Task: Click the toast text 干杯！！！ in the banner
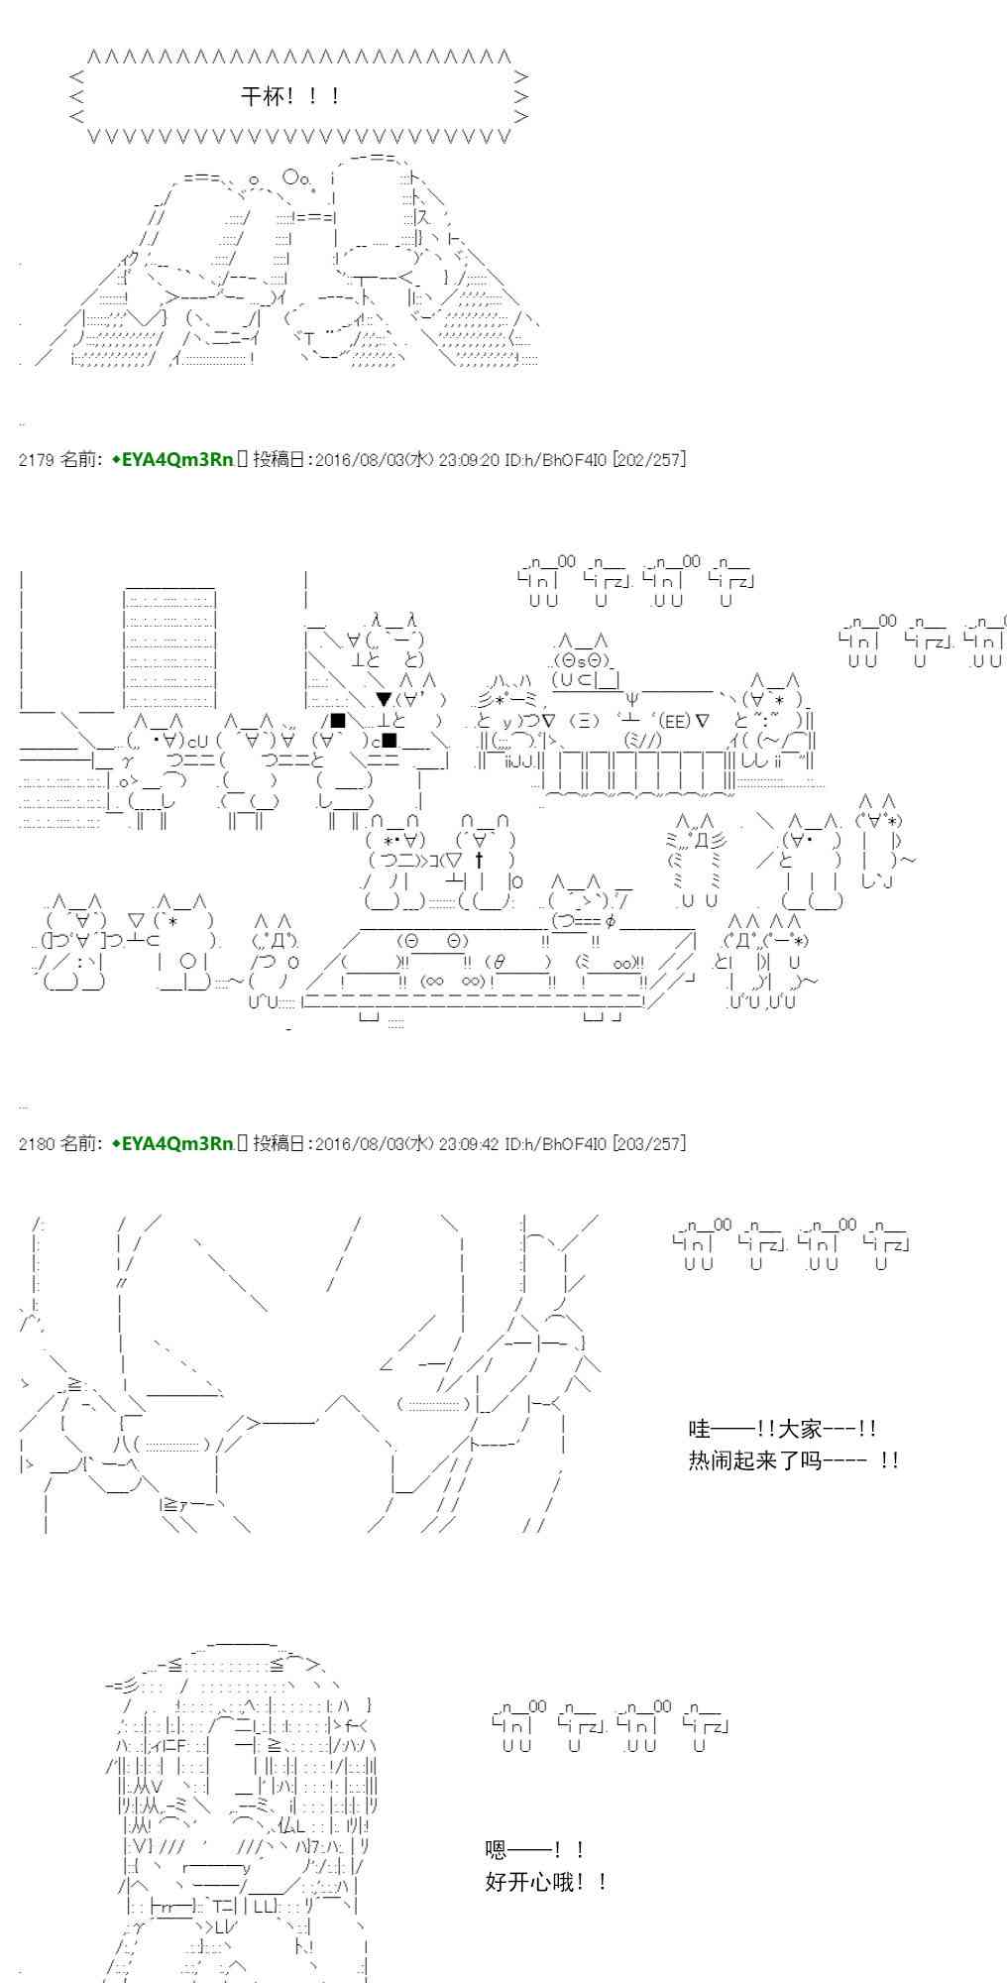(292, 96)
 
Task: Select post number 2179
(36, 459)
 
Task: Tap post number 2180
(36, 1143)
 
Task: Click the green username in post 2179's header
(172, 459)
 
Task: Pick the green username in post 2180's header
(172, 1143)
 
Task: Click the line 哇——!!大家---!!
(782, 1429)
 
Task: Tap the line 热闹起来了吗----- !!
(793, 1459)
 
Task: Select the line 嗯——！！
(534, 1849)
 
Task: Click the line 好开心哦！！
(546, 1881)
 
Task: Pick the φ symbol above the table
(611, 921)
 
